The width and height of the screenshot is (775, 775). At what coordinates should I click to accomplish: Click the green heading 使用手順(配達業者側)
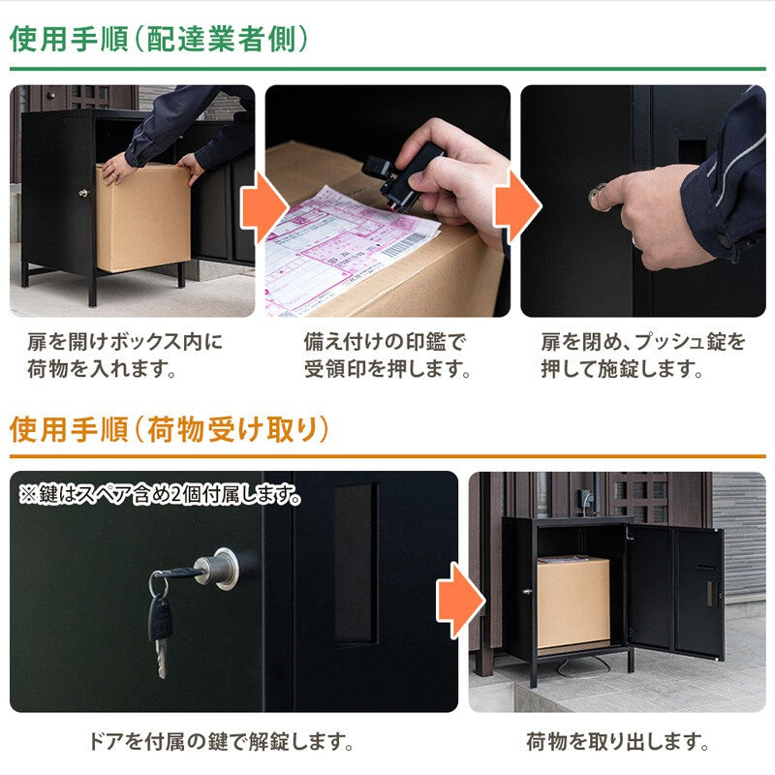click(x=159, y=38)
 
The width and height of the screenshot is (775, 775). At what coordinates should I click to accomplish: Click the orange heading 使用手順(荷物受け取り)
click(x=170, y=429)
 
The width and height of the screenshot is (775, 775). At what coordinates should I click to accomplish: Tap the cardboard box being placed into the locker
click(x=142, y=218)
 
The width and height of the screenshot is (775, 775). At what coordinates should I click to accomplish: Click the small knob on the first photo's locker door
click(x=82, y=194)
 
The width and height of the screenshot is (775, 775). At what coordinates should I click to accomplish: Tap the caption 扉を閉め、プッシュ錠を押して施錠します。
click(x=643, y=356)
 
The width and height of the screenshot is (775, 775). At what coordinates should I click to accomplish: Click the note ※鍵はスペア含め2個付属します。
click(x=160, y=495)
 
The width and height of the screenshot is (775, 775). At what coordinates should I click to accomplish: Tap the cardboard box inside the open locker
click(x=573, y=601)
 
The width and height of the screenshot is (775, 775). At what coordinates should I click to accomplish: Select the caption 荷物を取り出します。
click(x=617, y=743)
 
